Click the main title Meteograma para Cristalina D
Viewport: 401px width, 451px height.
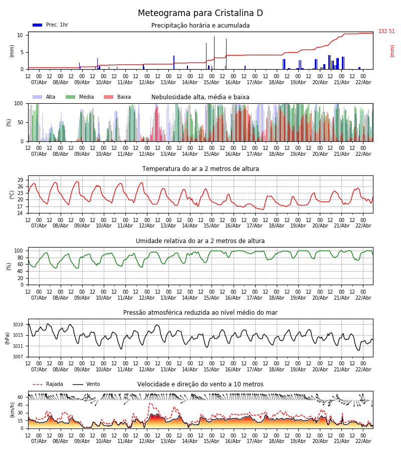pos(200,14)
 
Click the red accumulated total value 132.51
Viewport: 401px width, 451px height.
pos(386,32)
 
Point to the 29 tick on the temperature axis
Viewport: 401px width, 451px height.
pos(21,180)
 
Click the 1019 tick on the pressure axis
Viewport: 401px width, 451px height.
pos(19,325)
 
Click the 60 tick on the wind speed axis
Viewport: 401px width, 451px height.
pos(21,397)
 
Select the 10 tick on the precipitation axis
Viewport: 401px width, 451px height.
pos(21,35)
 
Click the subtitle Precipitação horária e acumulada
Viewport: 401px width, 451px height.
pos(200,26)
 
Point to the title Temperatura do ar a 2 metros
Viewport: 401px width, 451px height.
pos(200,169)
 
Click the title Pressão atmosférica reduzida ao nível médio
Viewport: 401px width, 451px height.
pos(200,313)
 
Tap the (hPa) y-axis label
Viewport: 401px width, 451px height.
pos(8,338)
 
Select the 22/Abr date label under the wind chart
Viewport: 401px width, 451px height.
pos(363,441)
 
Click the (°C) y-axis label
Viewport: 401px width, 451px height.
pos(12,194)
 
